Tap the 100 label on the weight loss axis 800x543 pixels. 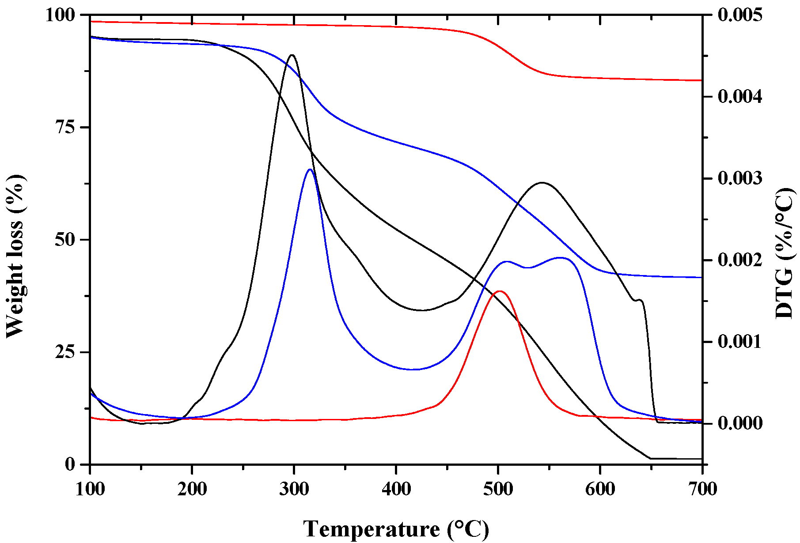pos(61,15)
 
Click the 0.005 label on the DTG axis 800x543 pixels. pos(740,15)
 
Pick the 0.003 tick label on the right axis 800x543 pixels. pos(740,179)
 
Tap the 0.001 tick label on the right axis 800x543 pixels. pos(740,342)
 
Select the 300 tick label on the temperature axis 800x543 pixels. pos(294,489)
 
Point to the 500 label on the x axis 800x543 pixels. pos(498,489)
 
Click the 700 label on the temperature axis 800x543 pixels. pos(702,489)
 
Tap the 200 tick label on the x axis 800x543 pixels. pos(192,489)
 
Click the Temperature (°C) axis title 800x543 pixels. pos(396,529)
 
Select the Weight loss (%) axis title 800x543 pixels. pos(16,256)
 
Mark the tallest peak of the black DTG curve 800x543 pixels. pos(292,55)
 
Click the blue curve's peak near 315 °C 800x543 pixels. pos(310,170)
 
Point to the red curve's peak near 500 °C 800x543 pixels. pos(500,291)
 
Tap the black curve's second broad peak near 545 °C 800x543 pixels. pos(542,182)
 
